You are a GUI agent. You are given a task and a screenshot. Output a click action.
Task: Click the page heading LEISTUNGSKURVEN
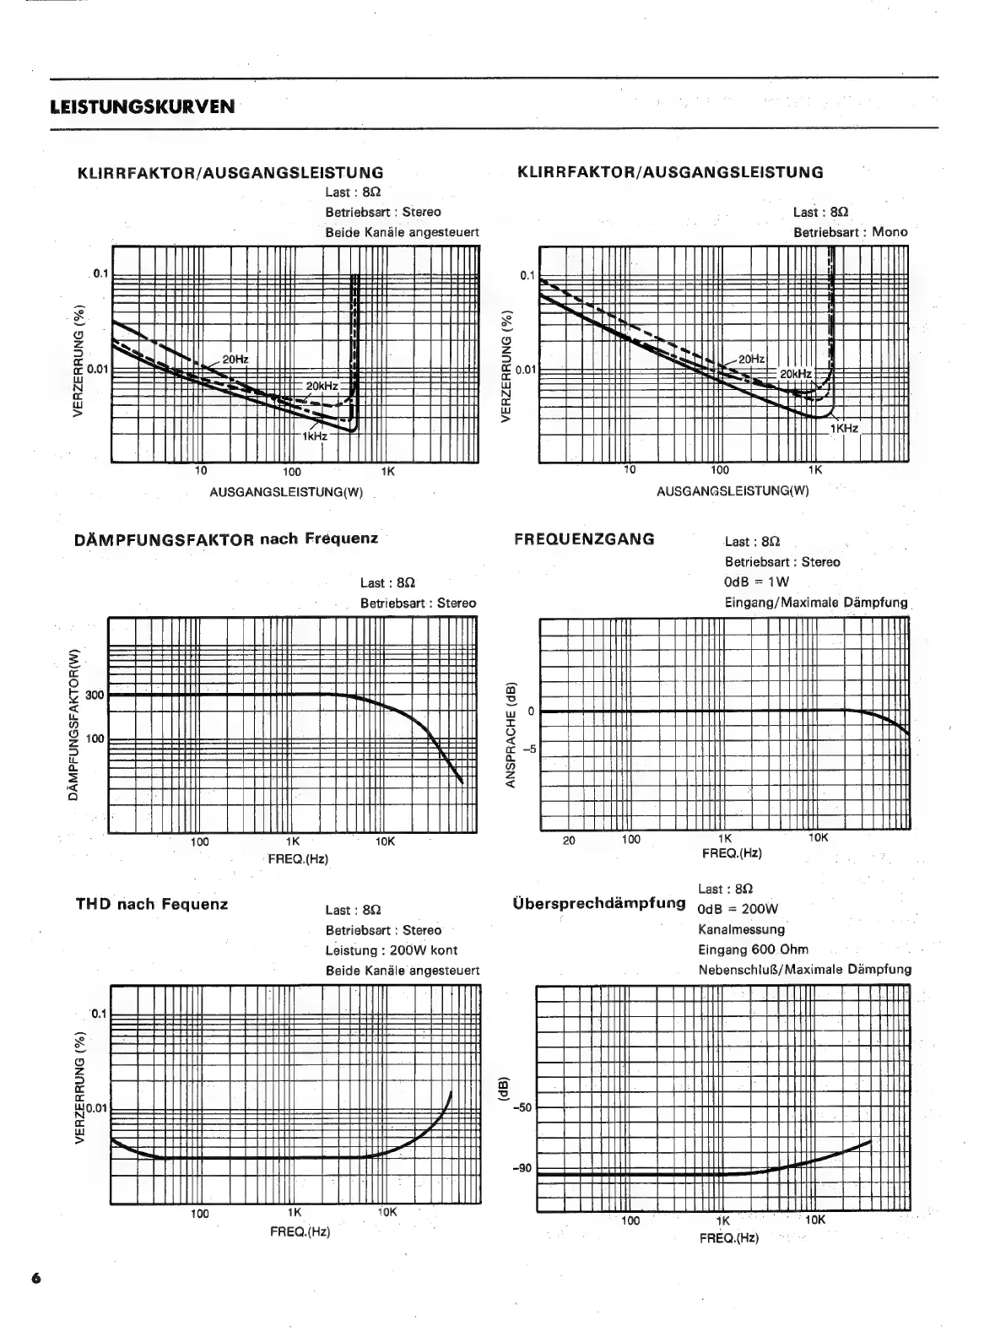coord(143,106)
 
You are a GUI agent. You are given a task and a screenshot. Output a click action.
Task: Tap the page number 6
coord(35,1277)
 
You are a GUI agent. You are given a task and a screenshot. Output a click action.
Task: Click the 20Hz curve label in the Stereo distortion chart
coord(235,359)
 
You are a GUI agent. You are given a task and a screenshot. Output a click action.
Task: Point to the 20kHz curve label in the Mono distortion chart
coord(795,374)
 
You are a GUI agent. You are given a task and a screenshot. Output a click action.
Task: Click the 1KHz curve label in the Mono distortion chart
coord(843,428)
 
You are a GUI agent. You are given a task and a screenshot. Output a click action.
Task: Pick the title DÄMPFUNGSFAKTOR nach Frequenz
coord(227,538)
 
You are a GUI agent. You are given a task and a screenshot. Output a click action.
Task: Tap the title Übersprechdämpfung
coord(598,903)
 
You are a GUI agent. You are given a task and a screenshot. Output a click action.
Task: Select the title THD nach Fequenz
coord(152,904)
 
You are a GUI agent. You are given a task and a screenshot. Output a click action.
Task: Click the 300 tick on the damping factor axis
coord(94,695)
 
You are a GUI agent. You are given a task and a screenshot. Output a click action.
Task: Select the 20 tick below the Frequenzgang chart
coord(569,840)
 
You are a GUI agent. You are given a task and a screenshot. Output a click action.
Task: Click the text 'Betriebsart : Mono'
coord(850,232)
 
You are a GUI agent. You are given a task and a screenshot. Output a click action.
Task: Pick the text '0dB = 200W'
coord(738,909)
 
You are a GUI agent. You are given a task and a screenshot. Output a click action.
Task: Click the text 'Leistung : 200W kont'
coord(392,950)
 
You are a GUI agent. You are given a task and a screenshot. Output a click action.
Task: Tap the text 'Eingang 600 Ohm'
coord(753,950)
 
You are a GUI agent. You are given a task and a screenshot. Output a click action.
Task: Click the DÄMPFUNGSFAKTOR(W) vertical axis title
coord(73,724)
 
